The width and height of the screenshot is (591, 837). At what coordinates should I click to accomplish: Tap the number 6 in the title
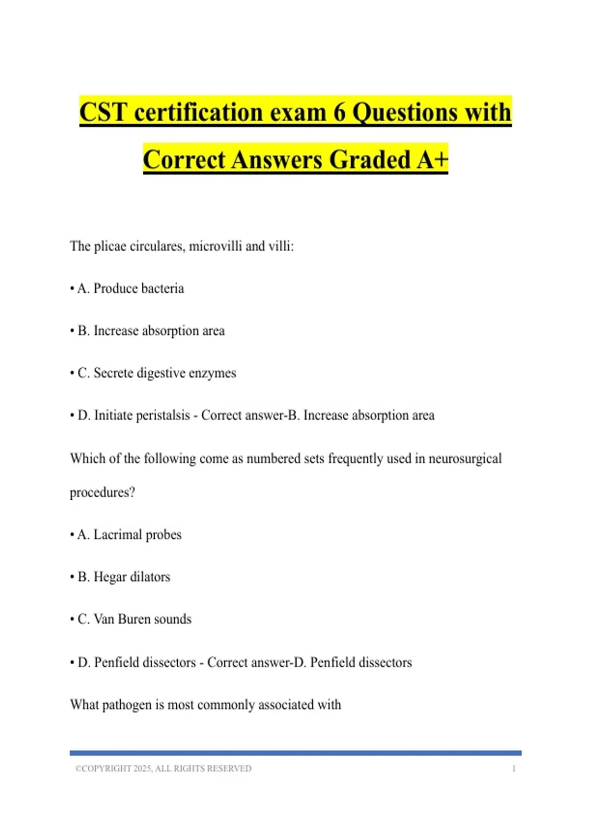click(x=340, y=112)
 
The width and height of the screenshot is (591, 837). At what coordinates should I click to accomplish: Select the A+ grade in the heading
click(x=432, y=160)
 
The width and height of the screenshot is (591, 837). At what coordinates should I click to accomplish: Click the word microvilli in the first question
click(x=215, y=246)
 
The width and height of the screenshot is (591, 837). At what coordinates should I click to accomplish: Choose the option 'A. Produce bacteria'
click(x=130, y=288)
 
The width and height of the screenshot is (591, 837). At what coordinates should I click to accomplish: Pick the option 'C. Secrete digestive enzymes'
click(x=157, y=373)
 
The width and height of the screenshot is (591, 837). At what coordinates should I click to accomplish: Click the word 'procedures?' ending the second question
click(x=102, y=492)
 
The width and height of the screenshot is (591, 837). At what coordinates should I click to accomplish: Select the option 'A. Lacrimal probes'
click(x=129, y=534)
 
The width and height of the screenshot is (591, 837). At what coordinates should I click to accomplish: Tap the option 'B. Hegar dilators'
click(x=124, y=577)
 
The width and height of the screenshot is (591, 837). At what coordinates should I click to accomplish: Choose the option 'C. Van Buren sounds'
click(x=134, y=619)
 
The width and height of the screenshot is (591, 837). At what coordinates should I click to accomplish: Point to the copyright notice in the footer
click(x=163, y=768)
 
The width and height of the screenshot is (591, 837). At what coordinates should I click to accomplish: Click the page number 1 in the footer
click(x=514, y=768)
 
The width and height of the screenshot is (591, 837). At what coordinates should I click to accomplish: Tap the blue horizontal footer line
click(x=295, y=753)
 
